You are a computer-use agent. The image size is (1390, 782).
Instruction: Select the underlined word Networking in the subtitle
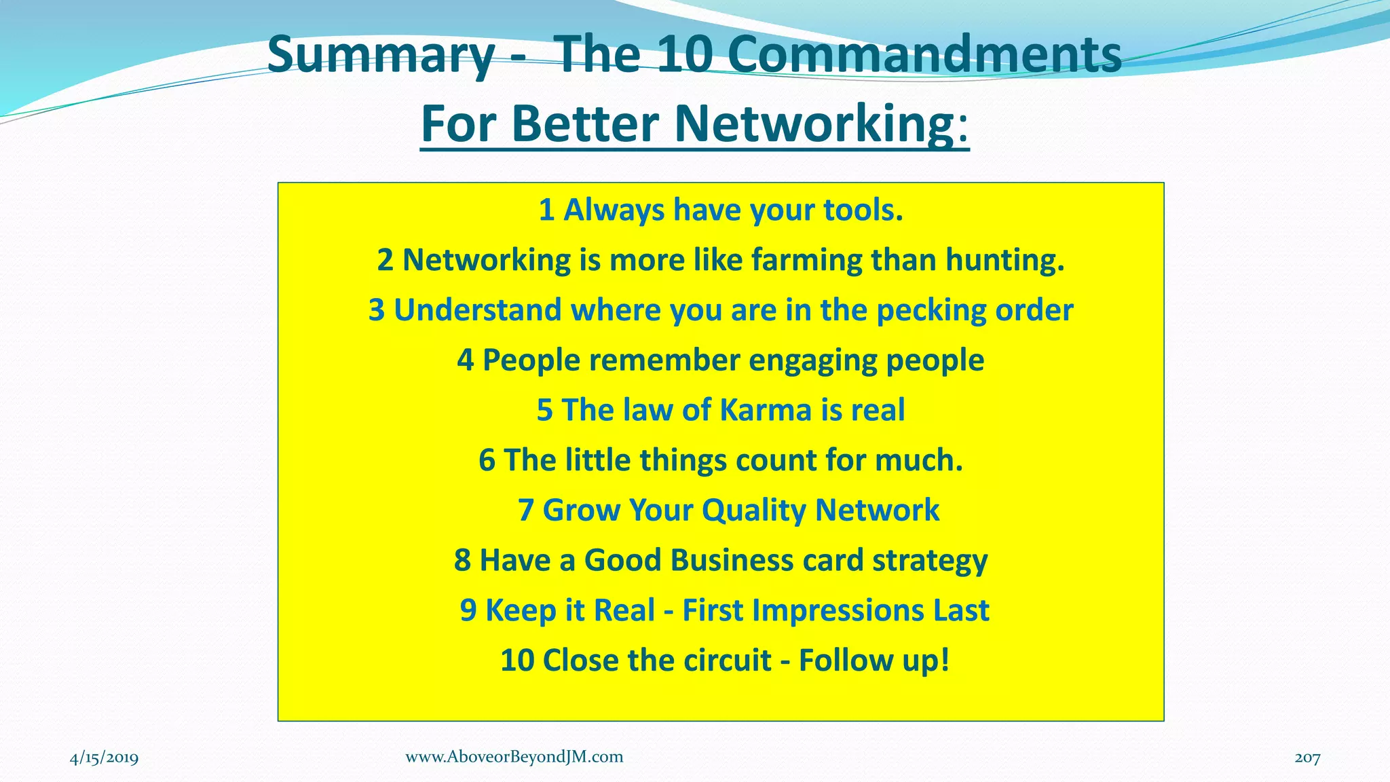click(814, 124)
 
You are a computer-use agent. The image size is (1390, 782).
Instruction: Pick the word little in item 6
click(598, 460)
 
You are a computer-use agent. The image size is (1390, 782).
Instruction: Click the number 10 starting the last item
click(517, 660)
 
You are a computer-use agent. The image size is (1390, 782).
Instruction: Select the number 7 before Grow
click(526, 510)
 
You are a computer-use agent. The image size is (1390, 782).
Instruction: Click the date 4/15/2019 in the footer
click(104, 758)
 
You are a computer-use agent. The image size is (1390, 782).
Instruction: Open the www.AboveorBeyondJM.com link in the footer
click(514, 757)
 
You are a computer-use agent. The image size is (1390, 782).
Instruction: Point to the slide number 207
click(1307, 758)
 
